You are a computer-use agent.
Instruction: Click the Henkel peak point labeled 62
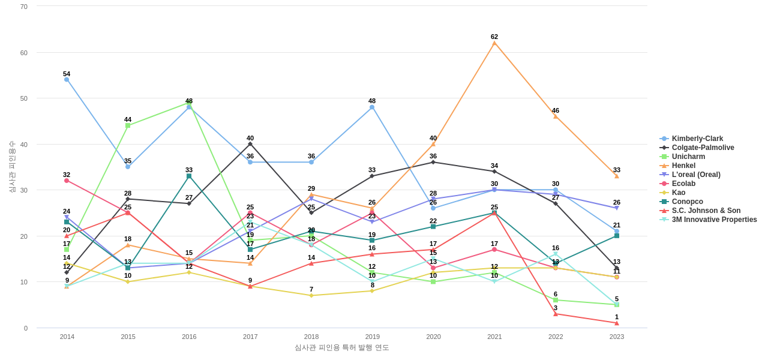494,43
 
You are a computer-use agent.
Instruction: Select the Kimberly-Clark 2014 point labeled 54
67,80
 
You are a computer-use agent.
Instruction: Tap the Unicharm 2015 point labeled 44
128,125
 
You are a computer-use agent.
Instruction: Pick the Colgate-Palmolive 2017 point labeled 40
250,144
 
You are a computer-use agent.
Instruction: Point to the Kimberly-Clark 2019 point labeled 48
372,107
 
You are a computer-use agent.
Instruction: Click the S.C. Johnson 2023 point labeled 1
616,323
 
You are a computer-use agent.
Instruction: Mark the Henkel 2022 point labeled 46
556,116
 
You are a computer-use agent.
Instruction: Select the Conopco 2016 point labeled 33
189,176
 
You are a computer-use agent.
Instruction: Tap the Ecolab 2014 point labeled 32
67,181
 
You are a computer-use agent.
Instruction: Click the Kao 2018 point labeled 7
311,296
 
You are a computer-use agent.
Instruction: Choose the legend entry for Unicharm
688,157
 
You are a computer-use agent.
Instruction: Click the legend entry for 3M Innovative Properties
714,220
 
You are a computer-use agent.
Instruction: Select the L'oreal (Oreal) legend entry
696,175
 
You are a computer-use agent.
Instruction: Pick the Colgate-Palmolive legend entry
703,148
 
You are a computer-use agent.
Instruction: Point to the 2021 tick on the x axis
494,337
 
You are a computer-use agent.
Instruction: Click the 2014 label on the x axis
67,337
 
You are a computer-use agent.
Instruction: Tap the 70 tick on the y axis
24,7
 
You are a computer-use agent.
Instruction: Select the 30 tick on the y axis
24,190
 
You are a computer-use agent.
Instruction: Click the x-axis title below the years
341,347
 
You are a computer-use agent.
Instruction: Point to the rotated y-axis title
12,167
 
